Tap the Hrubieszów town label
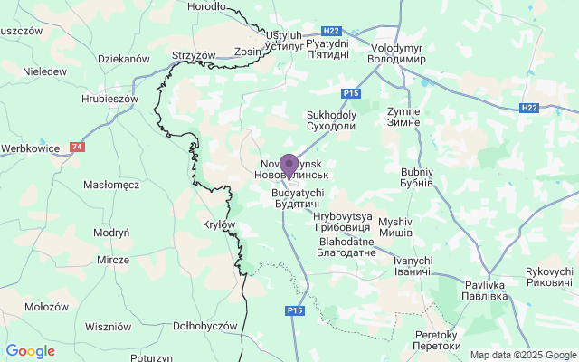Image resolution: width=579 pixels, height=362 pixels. (x=108, y=99)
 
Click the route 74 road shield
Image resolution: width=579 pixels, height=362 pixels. (x=78, y=147)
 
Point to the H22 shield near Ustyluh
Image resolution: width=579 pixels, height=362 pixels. (x=332, y=31)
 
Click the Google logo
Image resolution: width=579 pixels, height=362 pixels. (x=30, y=351)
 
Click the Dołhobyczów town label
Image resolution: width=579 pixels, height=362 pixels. (x=204, y=326)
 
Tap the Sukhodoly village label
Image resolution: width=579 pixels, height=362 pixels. (x=332, y=121)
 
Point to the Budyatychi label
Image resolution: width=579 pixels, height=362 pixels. (x=295, y=199)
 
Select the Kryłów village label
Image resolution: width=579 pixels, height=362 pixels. (x=219, y=224)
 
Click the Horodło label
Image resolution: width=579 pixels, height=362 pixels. (x=205, y=6)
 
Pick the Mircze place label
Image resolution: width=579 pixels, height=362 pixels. (x=114, y=259)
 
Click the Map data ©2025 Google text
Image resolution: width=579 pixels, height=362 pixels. (x=523, y=355)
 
